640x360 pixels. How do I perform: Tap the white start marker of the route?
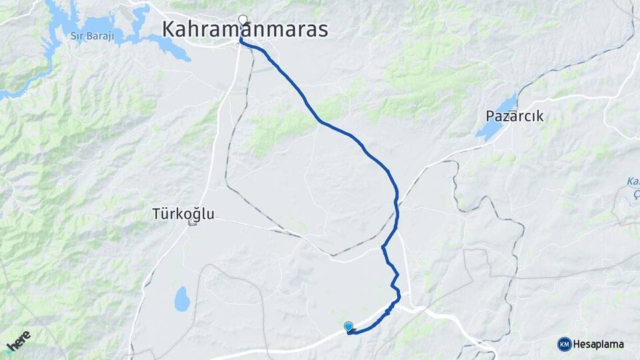pyautogui.click(x=243, y=19)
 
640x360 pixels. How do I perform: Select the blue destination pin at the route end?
pyautogui.click(x=348, y=326)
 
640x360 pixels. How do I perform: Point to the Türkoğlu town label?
pyautogui.click(x=183, y=214)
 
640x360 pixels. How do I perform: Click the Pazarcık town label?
pyautogui.click(x=514, y=116)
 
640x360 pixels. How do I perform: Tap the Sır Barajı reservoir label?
pyautogui.click(x=91, y=35)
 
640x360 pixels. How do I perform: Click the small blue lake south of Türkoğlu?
pyautogui.click(x=182, y=299)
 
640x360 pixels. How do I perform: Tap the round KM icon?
pyautogui.click(x=564, y=344)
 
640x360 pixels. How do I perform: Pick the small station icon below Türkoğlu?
pyautogui.click(x=193, y=223)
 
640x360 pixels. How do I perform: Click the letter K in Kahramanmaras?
pyautogui.click(x=170, y=30)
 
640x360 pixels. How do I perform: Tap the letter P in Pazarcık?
pyautogui.click(x=490, y=116)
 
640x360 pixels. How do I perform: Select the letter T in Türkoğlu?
pyautogui.click(x=156, y=214)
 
